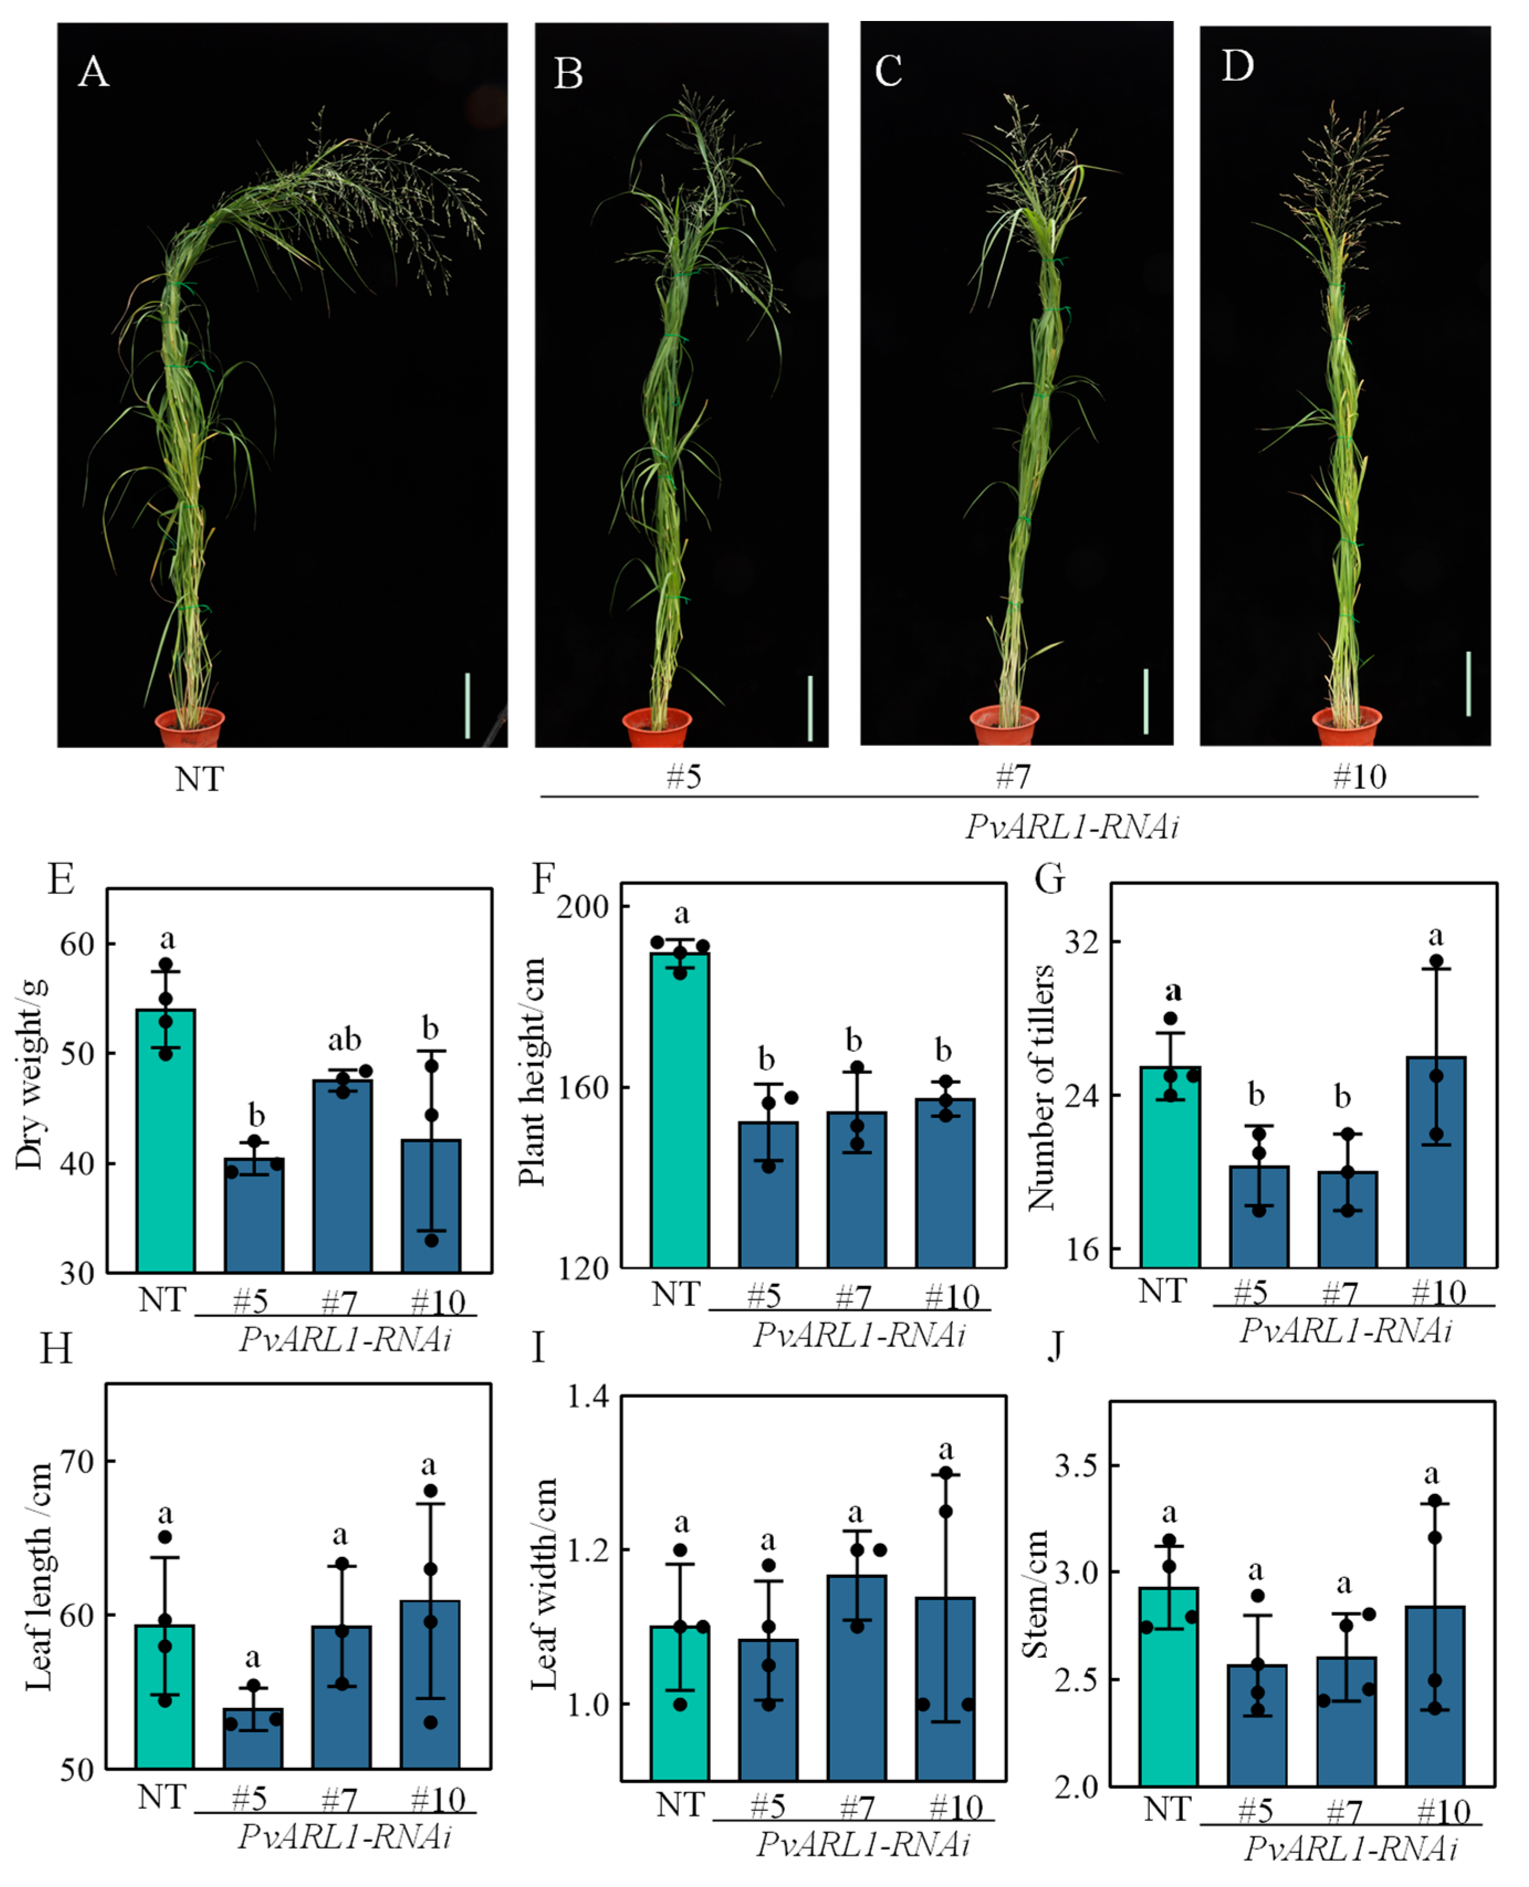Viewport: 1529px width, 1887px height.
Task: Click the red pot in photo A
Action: (190, 727)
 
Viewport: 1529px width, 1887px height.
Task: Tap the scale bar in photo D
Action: (1468, 684)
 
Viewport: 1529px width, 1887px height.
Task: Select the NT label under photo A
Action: (199, 779)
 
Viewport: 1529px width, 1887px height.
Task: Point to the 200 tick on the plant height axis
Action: (583, 906)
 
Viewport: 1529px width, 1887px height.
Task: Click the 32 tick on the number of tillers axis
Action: (1082, 942)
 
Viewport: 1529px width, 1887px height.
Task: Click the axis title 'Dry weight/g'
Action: (29, 1074)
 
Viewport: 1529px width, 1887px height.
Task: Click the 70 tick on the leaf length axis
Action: (77, 1462)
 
